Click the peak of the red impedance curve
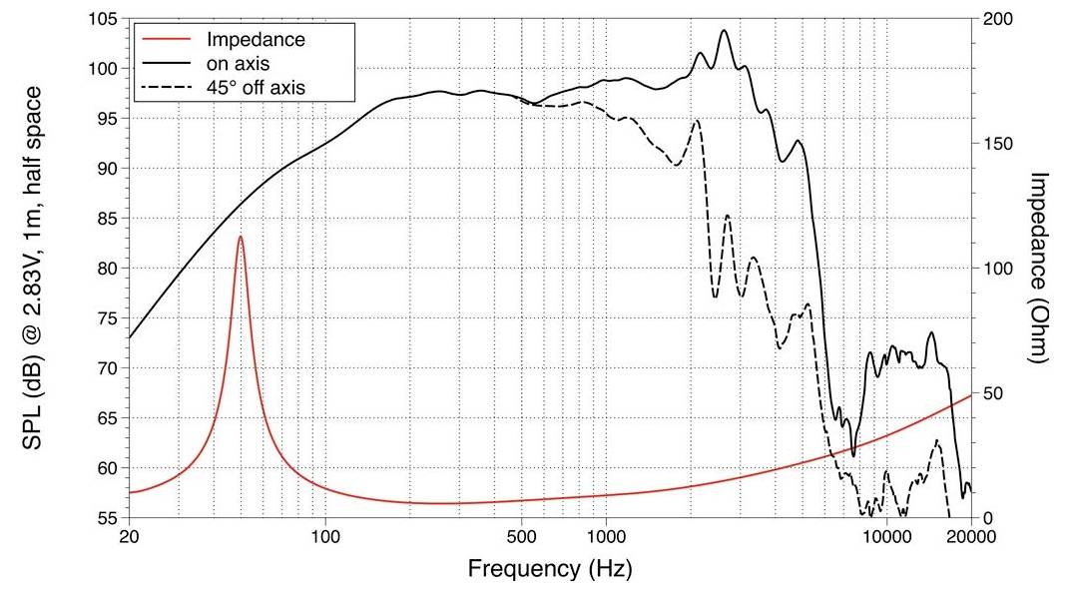click(x=241, y=237)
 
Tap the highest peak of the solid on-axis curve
click(x=724, y=30)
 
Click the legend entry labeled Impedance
click(x=255, y=40)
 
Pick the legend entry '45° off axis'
click(x=256, y=88)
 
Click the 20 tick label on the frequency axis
click(x=129, y=537)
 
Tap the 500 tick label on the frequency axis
click(x=522, y=537)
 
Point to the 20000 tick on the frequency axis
click(x=970, y=537)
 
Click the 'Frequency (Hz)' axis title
click(x=550, y=569)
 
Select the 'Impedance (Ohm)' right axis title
click(x=1039, y=268)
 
